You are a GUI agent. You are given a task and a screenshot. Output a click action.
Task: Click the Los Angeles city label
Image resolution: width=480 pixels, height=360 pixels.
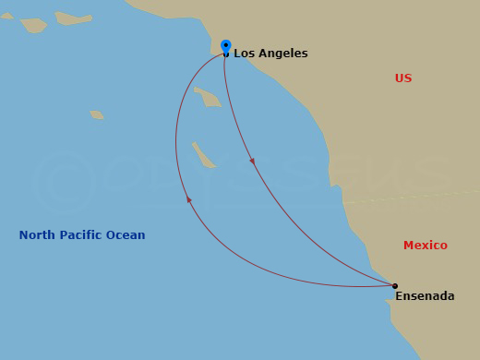pyautogui.click(x=270, y=54)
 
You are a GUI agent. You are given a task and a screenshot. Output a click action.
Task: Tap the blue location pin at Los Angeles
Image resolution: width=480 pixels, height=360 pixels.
pyautogui.click(x=226, y=46)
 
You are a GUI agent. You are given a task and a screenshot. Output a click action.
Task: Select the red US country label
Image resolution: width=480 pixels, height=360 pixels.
pyautogui.click(x=403, y=78)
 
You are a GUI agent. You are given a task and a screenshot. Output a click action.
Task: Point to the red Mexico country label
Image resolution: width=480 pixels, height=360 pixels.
pyautogui.click(x=426, y=246)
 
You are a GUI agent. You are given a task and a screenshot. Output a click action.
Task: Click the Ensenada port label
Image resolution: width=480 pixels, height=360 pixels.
pyautogui.click(x=425, y=297)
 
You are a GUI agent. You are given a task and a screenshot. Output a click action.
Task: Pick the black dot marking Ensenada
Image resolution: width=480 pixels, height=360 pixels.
pyautogui.click(x=395, y=286)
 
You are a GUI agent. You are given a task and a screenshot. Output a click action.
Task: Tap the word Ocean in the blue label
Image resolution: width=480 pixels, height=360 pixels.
pyautogui.click(x=127, y=235)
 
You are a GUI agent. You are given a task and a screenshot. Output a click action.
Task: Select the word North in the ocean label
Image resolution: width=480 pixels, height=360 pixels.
pyautogui.click(x=39, y=235)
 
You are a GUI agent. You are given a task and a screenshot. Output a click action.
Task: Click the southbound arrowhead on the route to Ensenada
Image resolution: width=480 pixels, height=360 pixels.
pyautogui.click(x=252, y=161)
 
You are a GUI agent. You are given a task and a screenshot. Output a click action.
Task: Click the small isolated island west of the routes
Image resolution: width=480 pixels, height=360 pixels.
pyautogui.click(x=97, y=114)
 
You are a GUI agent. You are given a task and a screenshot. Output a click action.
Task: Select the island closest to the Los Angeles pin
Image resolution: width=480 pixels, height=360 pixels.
pyautogui.click(x=210, y=96)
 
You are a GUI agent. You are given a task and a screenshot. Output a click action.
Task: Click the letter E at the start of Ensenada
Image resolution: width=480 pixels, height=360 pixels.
pyautogui.click(x=399, y=297)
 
